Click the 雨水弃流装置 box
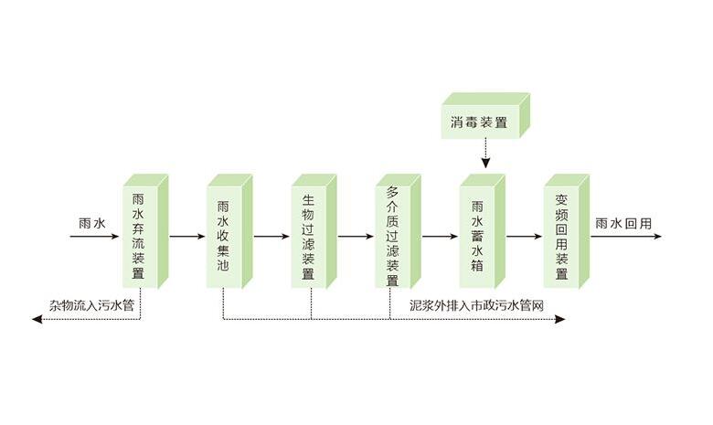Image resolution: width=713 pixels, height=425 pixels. click(139, 236)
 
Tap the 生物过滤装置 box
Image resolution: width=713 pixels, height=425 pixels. click(308, 236)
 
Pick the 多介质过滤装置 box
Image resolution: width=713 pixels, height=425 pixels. click(392, 236)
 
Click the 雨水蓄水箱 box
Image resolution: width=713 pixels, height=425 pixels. click(477, 236)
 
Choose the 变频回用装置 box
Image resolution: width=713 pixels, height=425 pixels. click(561, 236)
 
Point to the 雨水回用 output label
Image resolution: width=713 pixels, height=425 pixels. click(623, 222)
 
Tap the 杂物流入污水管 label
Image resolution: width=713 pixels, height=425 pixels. click(92, 304)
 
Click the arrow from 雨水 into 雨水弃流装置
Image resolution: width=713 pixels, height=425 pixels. click(95, 237)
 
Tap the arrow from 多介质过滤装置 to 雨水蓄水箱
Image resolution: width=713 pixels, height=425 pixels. click(440, 237)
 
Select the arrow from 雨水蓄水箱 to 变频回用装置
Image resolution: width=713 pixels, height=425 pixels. click(524, 237)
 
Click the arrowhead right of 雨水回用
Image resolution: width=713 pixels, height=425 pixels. click(656, 237)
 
